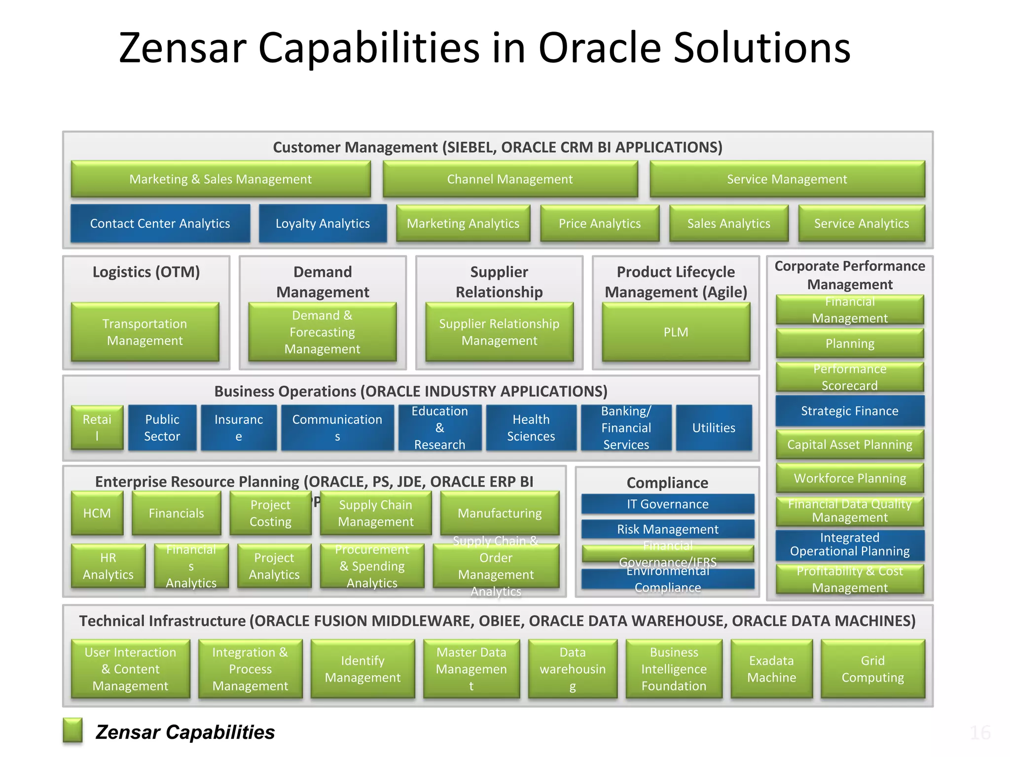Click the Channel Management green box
tap(510, 179)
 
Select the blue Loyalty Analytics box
tap(323, 223)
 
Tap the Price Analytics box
tap(599, 223)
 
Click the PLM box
tap(676, 332)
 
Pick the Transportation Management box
tap(144, 332)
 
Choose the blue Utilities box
tap(714, 427)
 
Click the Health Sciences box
tap(531, 427)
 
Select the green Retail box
tap(97, 427)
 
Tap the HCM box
tap(97, 513)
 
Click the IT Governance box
tap(667, 504)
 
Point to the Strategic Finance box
tap(849, 411)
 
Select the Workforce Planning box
tap(849, 478)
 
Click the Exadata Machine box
tap(771, 669)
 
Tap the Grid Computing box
tap(872, 669)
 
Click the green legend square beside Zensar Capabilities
tap(72, 730)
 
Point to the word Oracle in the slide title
tap(600, 48)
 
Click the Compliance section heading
tap(667, 482)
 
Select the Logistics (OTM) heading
tap(146, 272)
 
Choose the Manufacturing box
tap(499, 513)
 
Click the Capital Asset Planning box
tap(849, 444)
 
